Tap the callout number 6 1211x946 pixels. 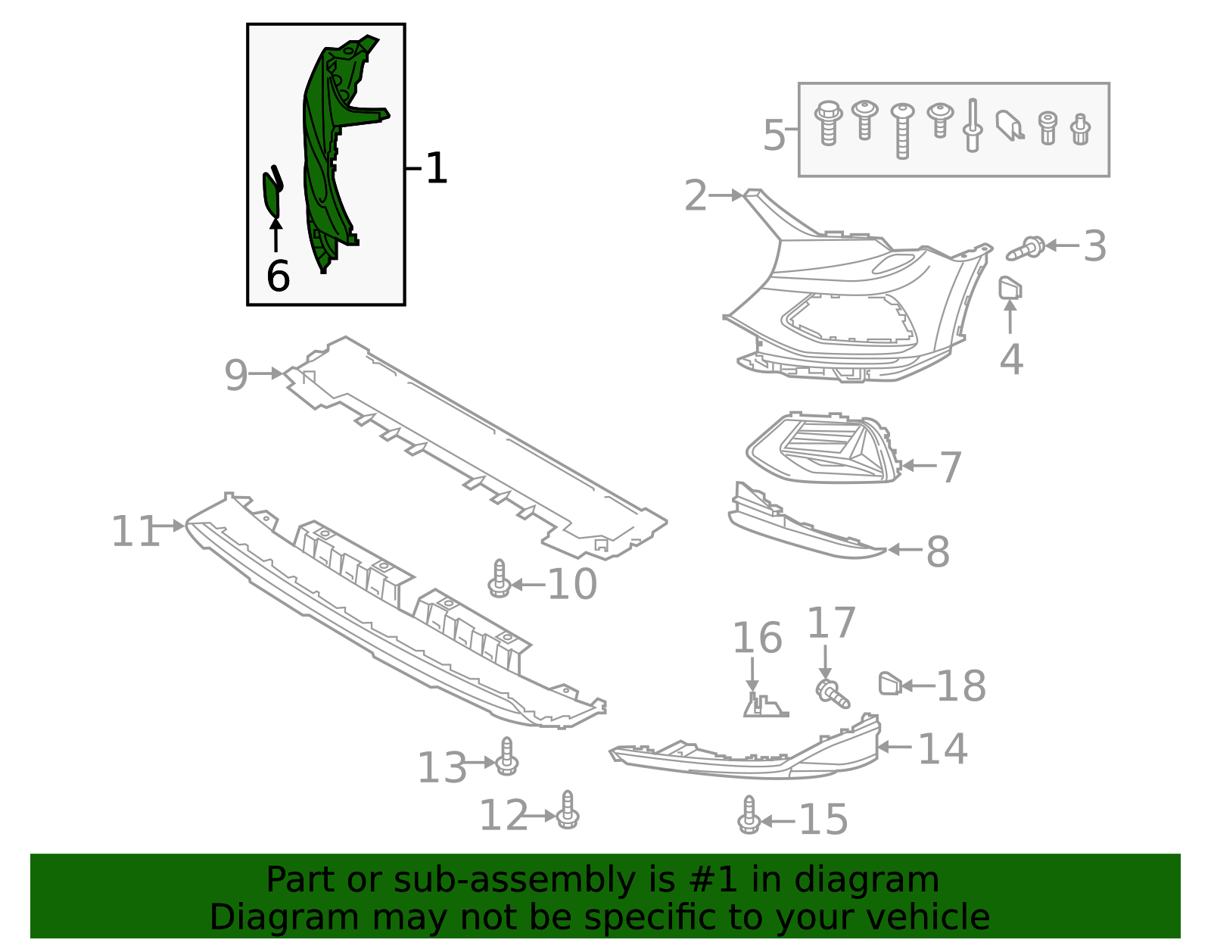[278, 276]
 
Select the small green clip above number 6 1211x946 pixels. [272, 192]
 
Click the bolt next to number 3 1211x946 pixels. [1026, 248]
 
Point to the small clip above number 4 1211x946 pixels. [1010, 289]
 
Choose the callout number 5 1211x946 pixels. [774, 136]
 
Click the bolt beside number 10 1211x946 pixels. [499, 579]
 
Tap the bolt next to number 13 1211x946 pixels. [507, 757]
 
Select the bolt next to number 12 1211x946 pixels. [568, 810]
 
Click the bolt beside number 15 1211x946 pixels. [749, 816]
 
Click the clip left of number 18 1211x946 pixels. [889, 684]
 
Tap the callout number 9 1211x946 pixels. [236, 375]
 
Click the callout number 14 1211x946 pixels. [942, 749]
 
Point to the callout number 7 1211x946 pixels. [951, 467]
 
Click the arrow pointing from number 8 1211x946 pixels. [904, 550]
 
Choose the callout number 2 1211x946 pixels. [695, 196]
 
